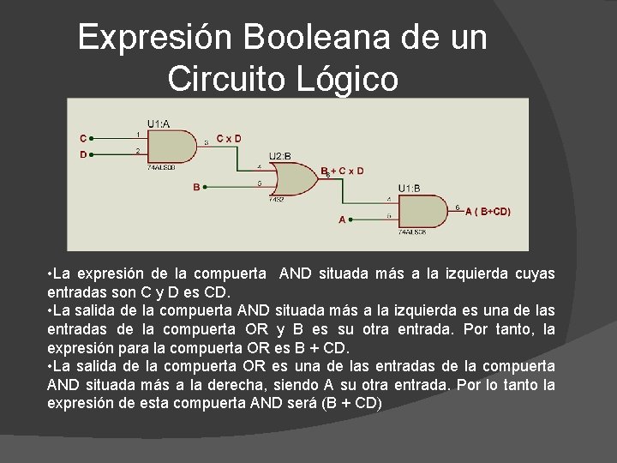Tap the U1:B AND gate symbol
(x=421, y=210)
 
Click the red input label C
(x=82, y=137)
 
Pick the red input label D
(x=82, y=154)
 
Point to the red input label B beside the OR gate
(x=196, y=186)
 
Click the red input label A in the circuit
(x=342, y=219)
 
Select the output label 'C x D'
(x=228, y=137)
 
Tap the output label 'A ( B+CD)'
(x=488, y=211)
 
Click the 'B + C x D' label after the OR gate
(x=342, y=171)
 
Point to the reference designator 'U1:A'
(x=158, y=123)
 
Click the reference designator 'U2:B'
(x=280, y=156)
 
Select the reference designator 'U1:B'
(x=409, y=188)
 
